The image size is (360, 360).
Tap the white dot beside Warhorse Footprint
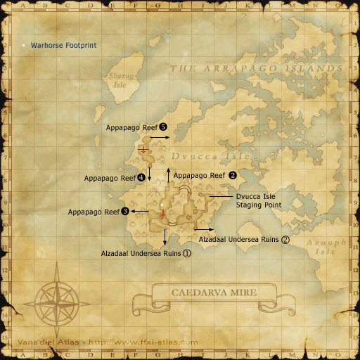tap(23, 45)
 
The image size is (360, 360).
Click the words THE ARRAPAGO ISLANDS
tap(257, 68)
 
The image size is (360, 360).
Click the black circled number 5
tap(162, 127)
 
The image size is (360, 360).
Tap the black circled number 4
tap(141, 178)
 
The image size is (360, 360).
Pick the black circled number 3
tap(124, 211)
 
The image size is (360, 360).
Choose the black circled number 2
tap(233, 174)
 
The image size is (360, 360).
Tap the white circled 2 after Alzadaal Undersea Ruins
tap(285, 239)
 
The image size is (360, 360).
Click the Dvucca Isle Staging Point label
tap(259, 200)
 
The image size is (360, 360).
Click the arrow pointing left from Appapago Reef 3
tap(139, 211)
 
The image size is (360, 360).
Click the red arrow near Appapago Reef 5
tap(144, 150)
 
